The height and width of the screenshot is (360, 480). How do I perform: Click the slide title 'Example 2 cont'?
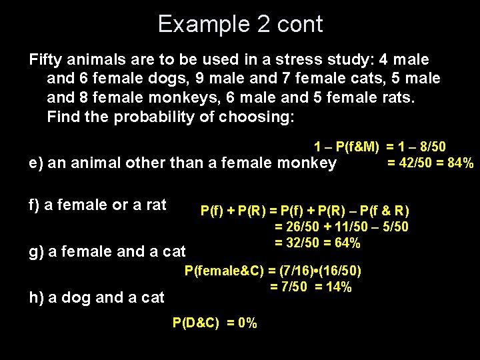(x=240, y=24)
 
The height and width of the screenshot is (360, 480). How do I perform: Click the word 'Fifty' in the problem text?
(x=45, y=60)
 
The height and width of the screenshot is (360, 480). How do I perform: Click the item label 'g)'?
(x=37, y=251)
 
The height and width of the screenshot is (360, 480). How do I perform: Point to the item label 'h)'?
(x=37, y=297)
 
